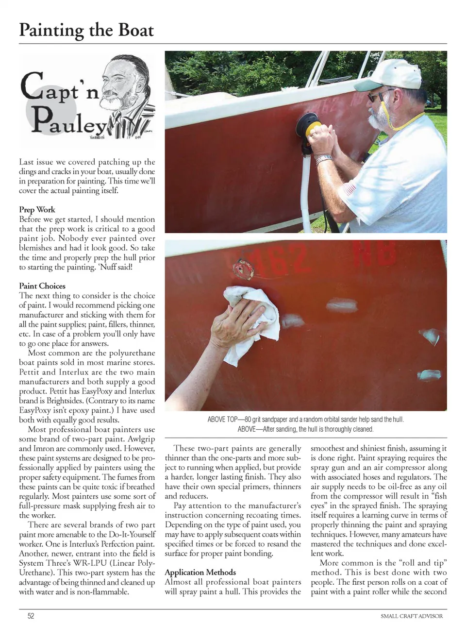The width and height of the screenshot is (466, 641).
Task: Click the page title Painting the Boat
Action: click(86, 30)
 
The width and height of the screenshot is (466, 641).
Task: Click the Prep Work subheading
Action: click(37, 209)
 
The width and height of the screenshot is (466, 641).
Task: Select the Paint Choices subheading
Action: click(42, 286)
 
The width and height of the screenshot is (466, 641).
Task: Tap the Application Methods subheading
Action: click(200, 572)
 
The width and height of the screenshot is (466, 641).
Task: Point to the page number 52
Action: click(31, 616)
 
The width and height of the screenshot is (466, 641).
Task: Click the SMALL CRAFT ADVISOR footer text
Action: click(412, 616)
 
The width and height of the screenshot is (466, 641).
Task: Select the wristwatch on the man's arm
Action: click(324, 159)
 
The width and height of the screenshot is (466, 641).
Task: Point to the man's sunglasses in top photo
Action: click(378, 95)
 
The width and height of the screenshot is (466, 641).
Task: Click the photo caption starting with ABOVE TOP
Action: click(305, 420)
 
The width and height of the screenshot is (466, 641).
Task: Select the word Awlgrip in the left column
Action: click(141, 439)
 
